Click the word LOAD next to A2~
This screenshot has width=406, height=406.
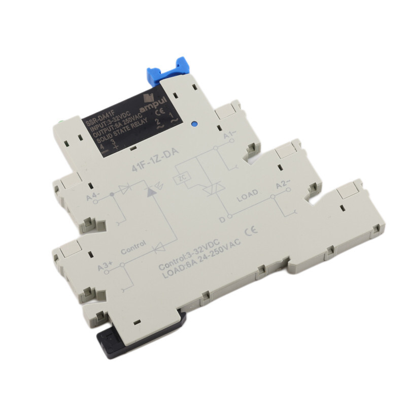pos(248,194)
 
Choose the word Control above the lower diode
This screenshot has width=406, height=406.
pos(134,248)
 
